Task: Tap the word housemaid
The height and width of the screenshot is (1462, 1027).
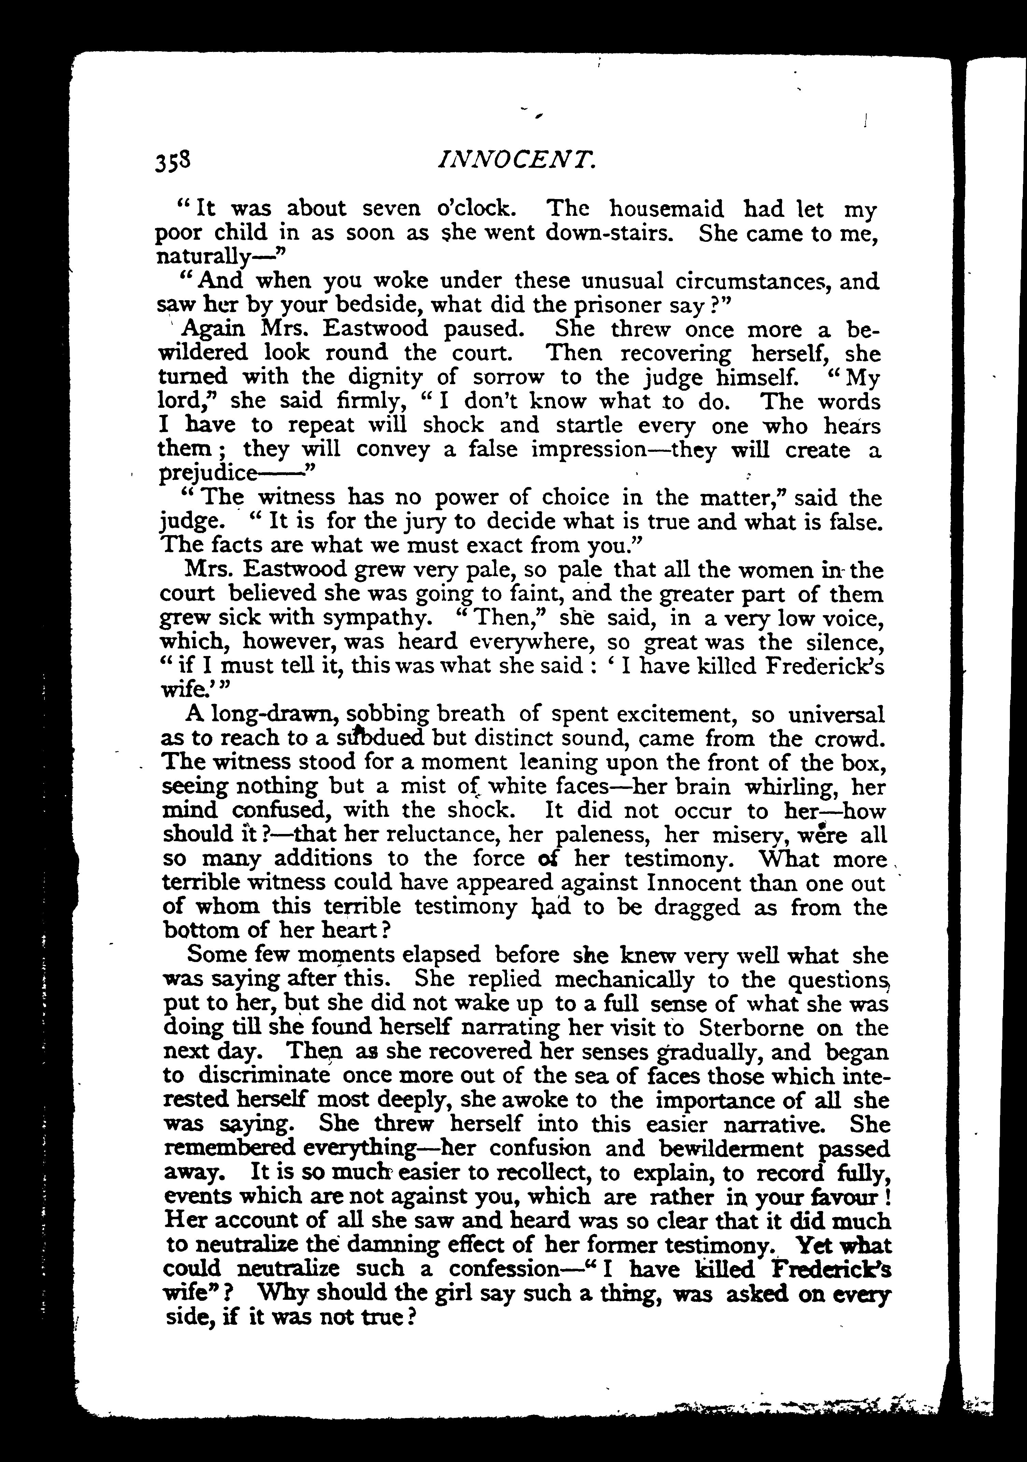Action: [666, 209]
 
